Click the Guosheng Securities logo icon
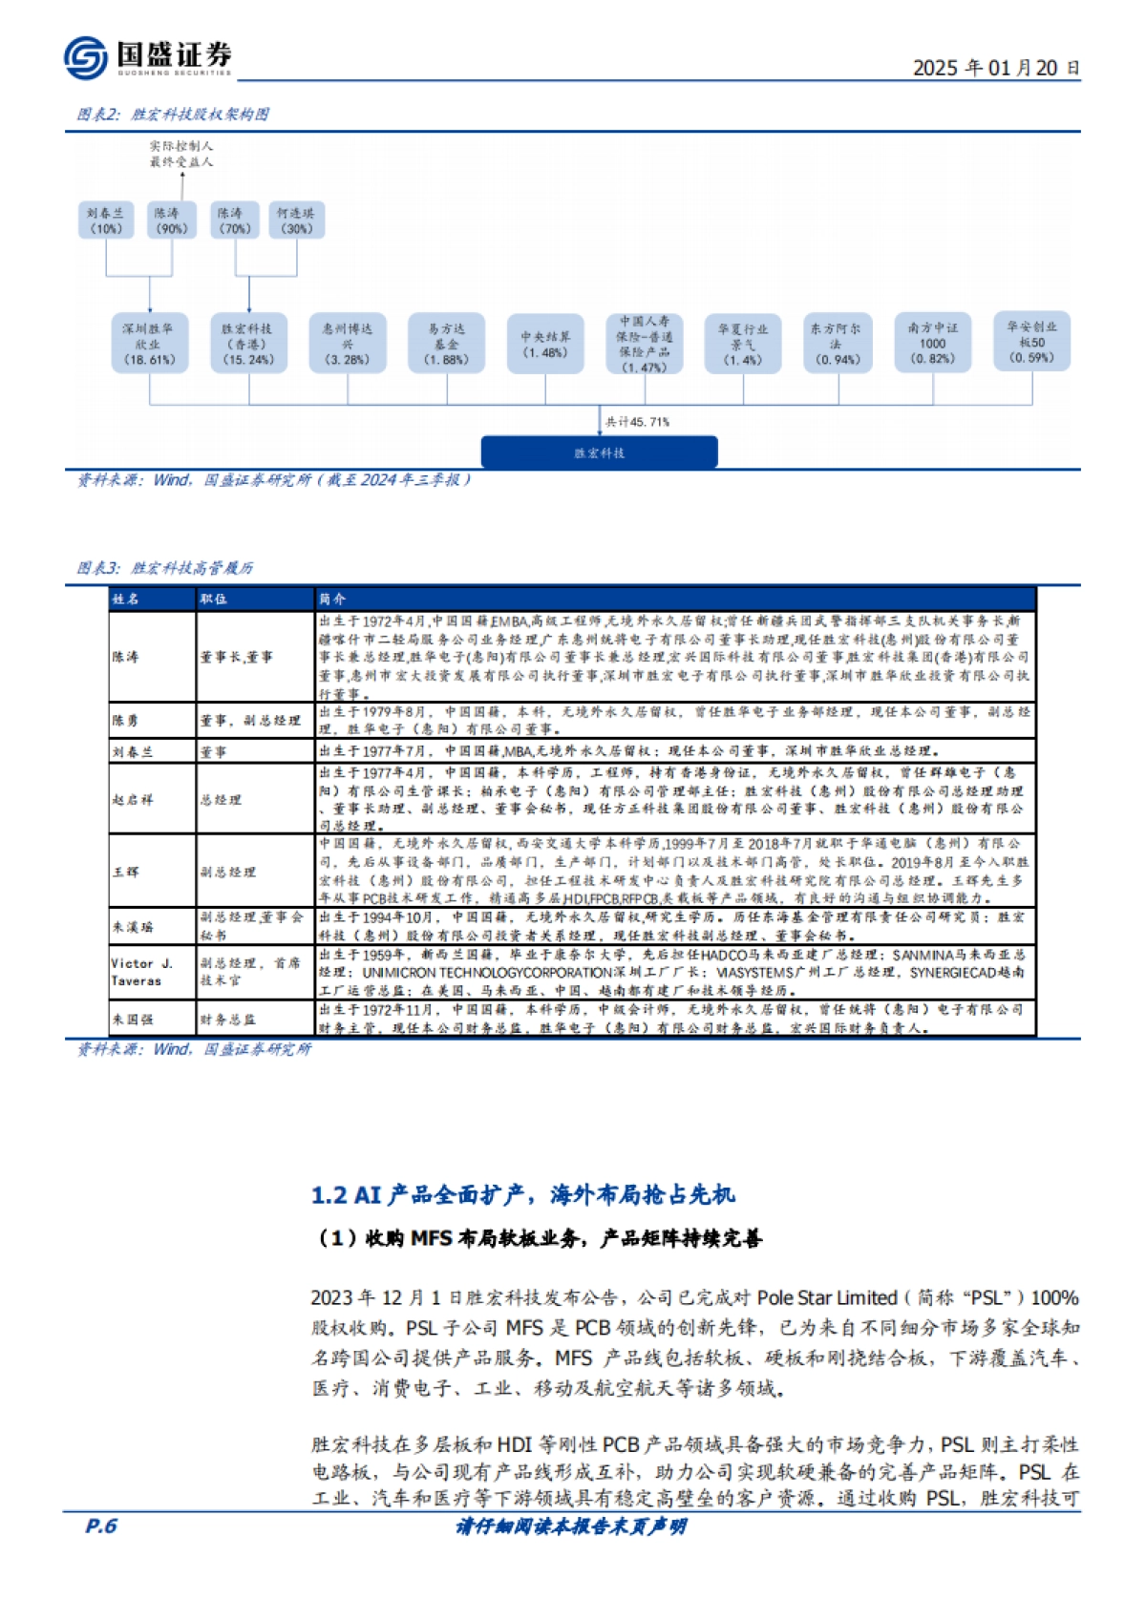click(x=86, y=57)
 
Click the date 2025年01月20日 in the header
click(x=996, y=68)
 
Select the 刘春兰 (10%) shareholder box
click(x=106, y=221)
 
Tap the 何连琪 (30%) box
click(x=295, y=221)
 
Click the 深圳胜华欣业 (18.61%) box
click(x=148, y=344)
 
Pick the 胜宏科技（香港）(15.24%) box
click(x=248, y=344)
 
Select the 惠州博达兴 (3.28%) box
click(x=347, y=344)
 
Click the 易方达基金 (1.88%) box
click(x=446, y=344)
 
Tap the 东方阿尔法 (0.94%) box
click(x=837, y=344)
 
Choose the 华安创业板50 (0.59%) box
click(x=1031, y=342)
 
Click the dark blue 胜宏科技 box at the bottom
click(x=599, y=453)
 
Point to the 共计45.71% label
click(x=637, y=422)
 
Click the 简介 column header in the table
click(x=332, y=600)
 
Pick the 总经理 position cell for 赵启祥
click(x=221, y=800)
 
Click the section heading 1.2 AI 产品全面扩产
click(x=523, y=1194)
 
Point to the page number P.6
click(x=100, y=1526)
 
